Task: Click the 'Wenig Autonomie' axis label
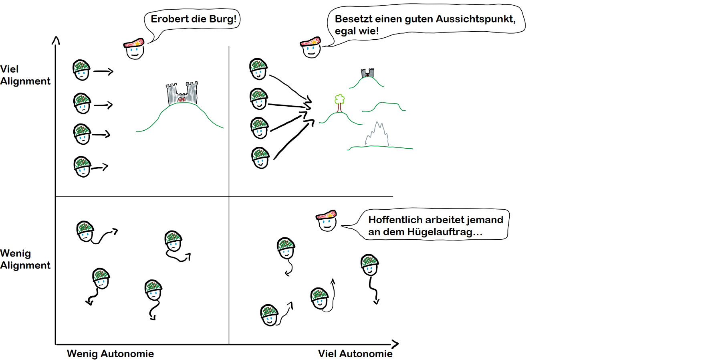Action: tap(110, 354)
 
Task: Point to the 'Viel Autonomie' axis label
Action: tap(355, 354)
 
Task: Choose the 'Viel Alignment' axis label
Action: tap(25, 75)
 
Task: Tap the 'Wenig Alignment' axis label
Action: tap(25, 259)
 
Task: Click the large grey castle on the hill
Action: tap(182, 93)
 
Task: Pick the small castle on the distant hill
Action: tap(367, 73)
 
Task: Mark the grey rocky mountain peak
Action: tap(377, 134)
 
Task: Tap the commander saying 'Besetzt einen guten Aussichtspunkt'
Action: tap(311, 47)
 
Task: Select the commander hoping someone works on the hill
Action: tap(327, 220)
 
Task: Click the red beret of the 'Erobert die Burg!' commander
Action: tap(133, 43)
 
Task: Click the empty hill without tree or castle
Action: tap(384, 107)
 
